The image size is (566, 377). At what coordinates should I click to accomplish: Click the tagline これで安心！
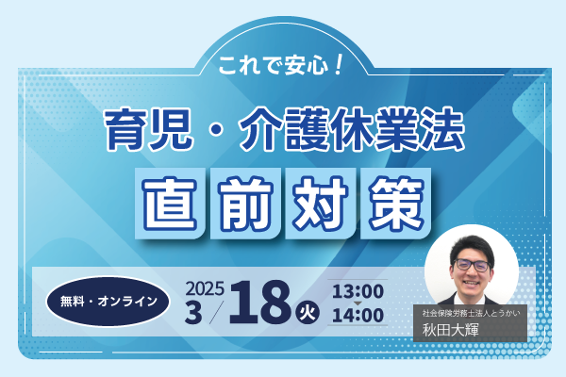pyautogui.click(x=280, y=65)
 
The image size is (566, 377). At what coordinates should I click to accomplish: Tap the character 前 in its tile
pyautogui.click(x=245, y=204)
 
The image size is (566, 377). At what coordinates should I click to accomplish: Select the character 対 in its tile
pyautogui.click(x=321, y=204)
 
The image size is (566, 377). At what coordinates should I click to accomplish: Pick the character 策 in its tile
pyautogui.click(x=396, y=204)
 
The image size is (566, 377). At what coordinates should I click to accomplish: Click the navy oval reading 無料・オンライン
pyautogui.click(x=108, y=302)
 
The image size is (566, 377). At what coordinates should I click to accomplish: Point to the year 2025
pyautogui.click(x=205, y=288)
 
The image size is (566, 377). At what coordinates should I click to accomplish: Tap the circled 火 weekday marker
pyautogui.click(x=308, y=312)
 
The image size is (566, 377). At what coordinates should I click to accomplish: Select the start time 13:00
pyautogui.click(x=358, y=291)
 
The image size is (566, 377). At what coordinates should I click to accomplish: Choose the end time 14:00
pyautogui.click(x=358, y=316)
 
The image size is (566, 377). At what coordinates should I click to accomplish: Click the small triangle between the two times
pyautogui.click(x=358, y=303)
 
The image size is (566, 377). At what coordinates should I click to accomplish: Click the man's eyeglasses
pyautogui.click(x=472, y=265)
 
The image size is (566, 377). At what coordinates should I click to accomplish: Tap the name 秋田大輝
pyautogui.click(x=450, y=330)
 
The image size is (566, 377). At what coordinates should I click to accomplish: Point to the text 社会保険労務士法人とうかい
pyautogui.click(x=471, y=313)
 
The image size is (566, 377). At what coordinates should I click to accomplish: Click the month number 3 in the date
pyautogui.click(x=193, y=312)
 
